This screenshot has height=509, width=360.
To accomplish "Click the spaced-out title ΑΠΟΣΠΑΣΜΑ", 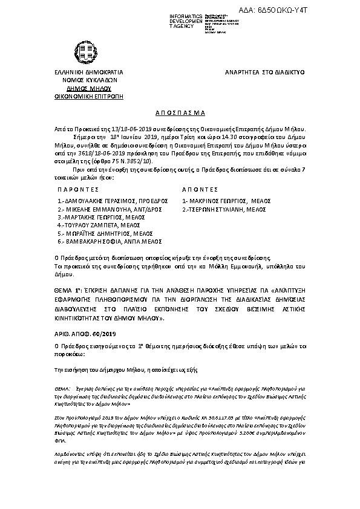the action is [180, 113].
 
